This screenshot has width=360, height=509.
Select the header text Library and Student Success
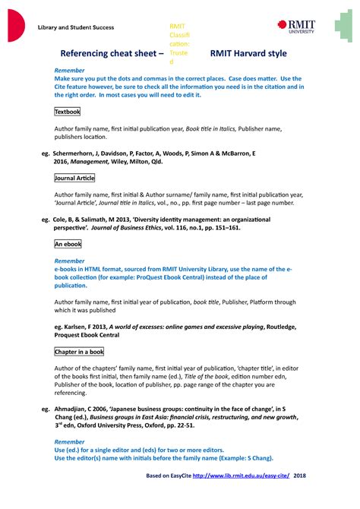(76, 27)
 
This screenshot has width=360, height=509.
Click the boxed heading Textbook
(68, 112)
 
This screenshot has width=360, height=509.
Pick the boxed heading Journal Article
(75, 178)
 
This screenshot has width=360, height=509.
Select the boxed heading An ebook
(68, 245)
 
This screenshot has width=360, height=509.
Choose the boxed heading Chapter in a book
(79, 353)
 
